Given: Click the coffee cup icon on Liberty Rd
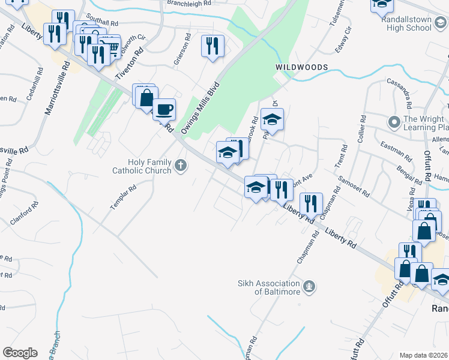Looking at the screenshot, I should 164,109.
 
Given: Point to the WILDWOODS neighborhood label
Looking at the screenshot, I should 301,67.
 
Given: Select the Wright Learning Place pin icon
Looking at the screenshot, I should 394,123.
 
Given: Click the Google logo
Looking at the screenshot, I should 20,353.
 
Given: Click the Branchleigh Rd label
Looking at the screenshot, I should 190,4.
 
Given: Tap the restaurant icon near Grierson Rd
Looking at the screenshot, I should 212,46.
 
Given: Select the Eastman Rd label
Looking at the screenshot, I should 396,152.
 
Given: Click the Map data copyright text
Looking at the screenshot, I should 424,355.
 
